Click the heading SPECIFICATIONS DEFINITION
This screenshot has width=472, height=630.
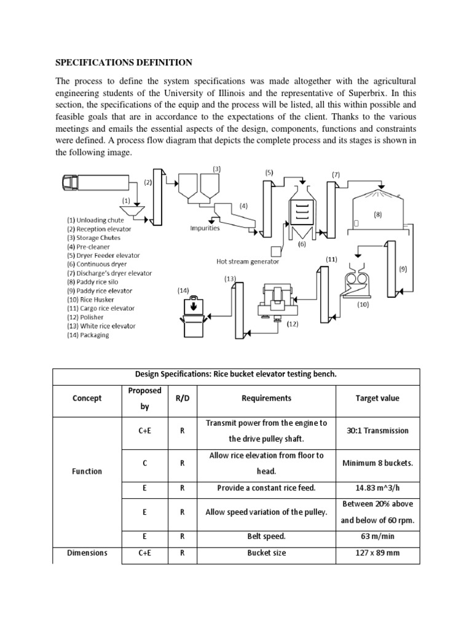point(124,63)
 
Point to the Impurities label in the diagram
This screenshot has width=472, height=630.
point(205,228)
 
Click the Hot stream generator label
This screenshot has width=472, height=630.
point(248,261)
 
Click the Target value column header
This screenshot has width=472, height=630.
point(377,398)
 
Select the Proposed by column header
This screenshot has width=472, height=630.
point(144,398)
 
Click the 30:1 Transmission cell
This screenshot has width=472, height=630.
point(377,431)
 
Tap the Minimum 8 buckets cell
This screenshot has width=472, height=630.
point(377,463)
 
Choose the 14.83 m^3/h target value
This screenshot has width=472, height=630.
point(377,487)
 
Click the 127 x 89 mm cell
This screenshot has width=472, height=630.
point(377,552)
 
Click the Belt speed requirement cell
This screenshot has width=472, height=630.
point(267,536)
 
